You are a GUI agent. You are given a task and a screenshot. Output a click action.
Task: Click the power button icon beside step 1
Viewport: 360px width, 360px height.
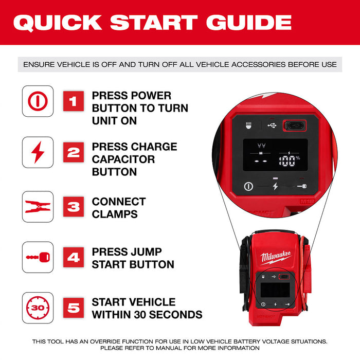(38, 101)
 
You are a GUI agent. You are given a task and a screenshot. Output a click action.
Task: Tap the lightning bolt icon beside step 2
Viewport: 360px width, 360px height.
(38, 153)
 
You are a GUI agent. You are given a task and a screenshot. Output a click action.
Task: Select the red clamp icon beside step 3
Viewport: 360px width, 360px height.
(38, 207)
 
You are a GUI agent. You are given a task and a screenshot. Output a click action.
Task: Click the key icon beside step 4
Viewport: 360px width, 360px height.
(38, 257)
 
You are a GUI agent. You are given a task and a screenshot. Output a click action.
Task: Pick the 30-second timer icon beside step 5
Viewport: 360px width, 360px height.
(38, 308)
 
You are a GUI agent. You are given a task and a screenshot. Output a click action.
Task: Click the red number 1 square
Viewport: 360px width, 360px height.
(73, 101)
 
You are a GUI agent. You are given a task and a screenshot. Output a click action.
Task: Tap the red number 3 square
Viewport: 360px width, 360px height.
(73, 207)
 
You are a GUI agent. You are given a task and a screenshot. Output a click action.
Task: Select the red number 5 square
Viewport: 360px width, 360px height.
(73, 308)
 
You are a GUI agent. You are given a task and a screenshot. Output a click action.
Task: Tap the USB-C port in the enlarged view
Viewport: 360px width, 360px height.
(294, 125)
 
